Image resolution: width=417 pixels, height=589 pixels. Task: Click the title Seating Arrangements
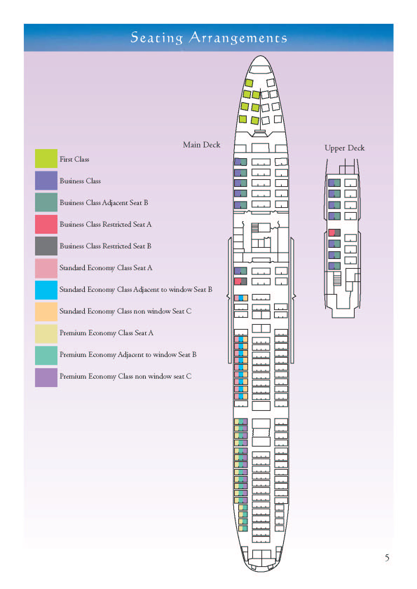coord(208,37)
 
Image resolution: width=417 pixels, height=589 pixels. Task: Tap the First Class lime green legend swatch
coord(46,158)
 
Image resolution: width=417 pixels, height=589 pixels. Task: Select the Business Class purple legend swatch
coord(46,180)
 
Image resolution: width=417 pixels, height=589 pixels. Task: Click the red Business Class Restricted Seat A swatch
coord(46,224)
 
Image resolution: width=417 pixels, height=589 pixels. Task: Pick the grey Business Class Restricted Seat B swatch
coord(46,246)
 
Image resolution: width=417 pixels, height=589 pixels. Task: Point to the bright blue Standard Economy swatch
coord(46,290)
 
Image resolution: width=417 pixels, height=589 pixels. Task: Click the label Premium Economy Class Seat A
coord(106,333)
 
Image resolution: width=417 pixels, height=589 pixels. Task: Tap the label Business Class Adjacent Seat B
coord(104,203)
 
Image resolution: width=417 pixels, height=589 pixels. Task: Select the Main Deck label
coord(201,145)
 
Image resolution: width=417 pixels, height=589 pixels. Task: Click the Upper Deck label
coord(344,148)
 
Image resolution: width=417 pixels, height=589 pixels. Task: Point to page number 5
coord(387,558)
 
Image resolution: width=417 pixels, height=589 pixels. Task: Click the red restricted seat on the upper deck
coord(331,232)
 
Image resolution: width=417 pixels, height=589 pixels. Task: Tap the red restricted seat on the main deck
coord(238,281)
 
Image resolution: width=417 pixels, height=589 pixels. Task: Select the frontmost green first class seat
coord(249,83)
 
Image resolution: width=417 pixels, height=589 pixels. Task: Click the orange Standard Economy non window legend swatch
coord(46,311)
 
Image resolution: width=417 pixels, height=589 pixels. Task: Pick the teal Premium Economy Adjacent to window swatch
coord(46,355)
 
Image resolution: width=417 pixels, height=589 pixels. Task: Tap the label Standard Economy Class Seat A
coord(105,268)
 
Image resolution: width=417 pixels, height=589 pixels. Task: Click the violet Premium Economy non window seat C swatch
coord(46,377)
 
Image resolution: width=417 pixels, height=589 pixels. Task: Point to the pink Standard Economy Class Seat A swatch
coord(46,268)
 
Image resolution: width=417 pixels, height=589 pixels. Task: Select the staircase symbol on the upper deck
coord(337,278)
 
